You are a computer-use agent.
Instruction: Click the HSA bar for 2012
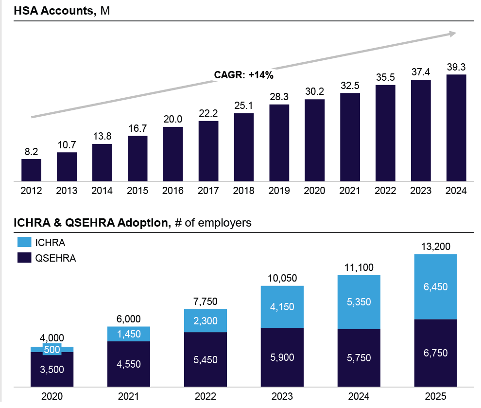click(x=31, y=170)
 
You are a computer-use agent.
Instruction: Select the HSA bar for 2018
click(x=244, y=147)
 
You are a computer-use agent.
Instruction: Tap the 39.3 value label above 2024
click(x=456, y=68)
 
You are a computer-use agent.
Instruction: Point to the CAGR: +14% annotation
click(x=244, y=75)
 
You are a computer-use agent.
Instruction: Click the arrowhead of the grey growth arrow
click(x=453, y=34)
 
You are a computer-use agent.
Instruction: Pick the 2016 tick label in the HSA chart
click(x=173, y=191)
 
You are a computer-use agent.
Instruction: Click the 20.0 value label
click(x=173, y=120)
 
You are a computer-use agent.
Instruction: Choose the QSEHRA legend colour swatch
click(x=24, y=258)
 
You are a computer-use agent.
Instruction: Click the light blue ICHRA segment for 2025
click(x=436, y=286)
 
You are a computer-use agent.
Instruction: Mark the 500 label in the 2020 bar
click(x=52, y=349)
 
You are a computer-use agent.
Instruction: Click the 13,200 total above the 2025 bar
click(x=436, y=247)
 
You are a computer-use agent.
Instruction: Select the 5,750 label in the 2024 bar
click(x=359, y=358)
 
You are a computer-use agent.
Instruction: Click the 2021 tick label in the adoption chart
click(x=129, y=396)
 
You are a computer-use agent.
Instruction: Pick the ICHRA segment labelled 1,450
click(x=129, y=334)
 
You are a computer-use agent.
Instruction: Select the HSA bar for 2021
click(x=350, y=137)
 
